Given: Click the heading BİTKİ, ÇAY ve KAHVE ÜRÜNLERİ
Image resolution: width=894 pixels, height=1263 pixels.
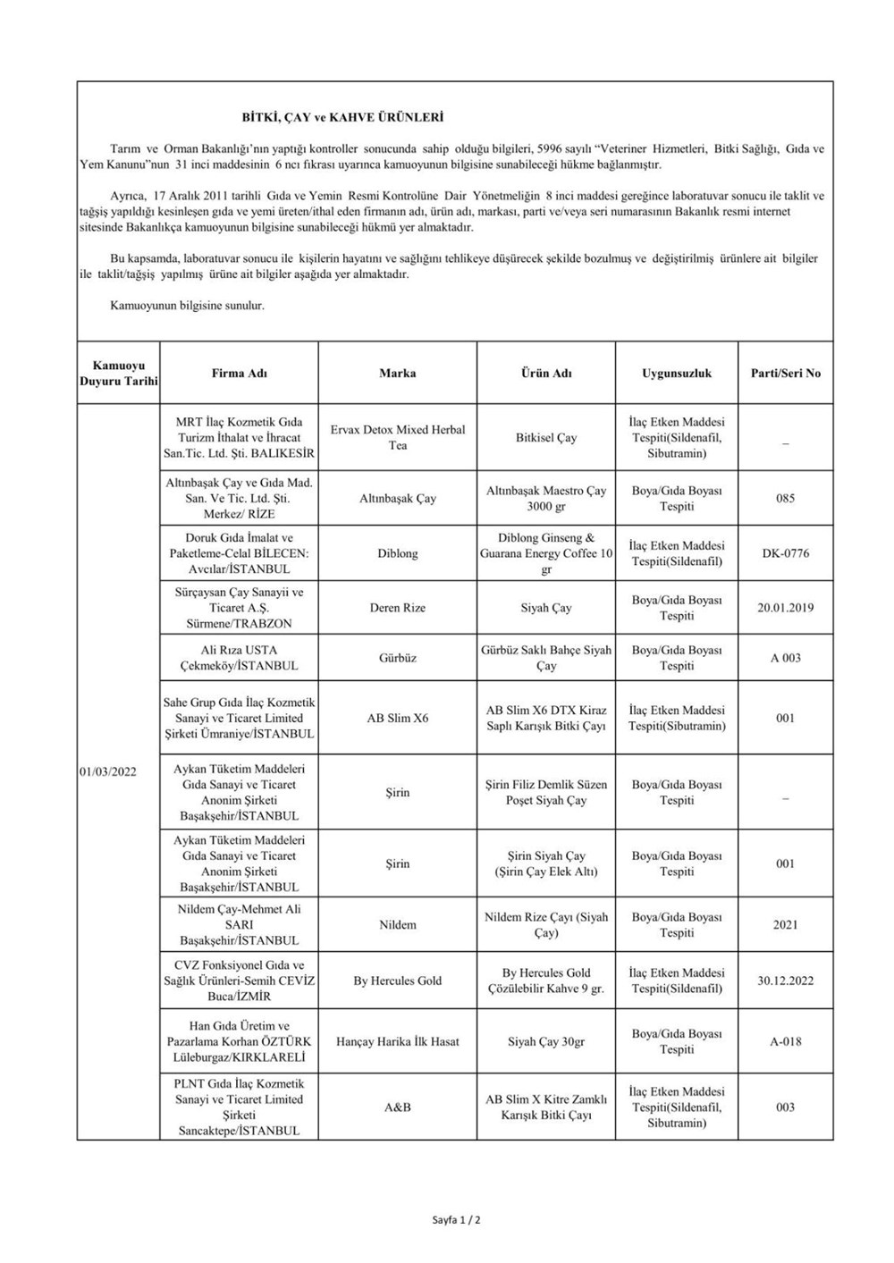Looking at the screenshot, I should click(x=342, y=117).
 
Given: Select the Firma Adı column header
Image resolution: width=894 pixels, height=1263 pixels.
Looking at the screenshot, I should click(x=239, y=373).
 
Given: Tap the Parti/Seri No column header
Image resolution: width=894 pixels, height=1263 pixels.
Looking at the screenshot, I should click(x=785, y=373).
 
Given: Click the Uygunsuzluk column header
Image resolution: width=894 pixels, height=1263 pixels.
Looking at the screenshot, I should click(x=677, y=373).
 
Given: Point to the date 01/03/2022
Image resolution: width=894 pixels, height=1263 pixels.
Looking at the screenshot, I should click(x=107, y=771).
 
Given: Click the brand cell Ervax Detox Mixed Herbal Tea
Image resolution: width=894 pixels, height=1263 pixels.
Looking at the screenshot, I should click(x=398, y=437).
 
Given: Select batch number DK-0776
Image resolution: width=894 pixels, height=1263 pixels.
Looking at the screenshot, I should click(x=785, y=553).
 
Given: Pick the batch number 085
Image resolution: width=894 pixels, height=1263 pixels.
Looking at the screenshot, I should click(x=785, y=498).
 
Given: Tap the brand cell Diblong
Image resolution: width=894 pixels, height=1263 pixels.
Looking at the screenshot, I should click(x=398, y=553).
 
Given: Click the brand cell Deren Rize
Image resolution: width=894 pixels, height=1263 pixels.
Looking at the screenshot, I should click(x=398, y=608).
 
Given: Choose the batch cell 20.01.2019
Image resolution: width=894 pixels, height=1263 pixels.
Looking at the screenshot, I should click(x=785, y=608).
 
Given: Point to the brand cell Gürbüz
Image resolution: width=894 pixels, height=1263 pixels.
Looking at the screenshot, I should click(x=398, y=658).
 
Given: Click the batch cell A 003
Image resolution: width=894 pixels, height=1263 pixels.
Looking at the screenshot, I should click(x=785, y=658).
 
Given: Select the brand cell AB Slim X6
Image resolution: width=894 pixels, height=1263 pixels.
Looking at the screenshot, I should click(x=398, y=718).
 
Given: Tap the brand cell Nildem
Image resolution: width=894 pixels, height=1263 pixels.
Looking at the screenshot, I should click(x=398, y=924).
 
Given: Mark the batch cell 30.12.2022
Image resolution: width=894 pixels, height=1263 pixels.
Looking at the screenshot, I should click(x=785, y=980).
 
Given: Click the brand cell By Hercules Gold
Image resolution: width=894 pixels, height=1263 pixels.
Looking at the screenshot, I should click(x=398, y=981).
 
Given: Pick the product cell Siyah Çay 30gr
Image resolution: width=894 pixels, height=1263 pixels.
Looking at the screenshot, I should click(x=546, y=1041).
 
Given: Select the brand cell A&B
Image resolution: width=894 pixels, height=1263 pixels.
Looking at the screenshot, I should click(x=398, y=1107).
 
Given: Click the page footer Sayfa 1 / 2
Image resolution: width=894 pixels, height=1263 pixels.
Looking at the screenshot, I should click(x=456, y=1219).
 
